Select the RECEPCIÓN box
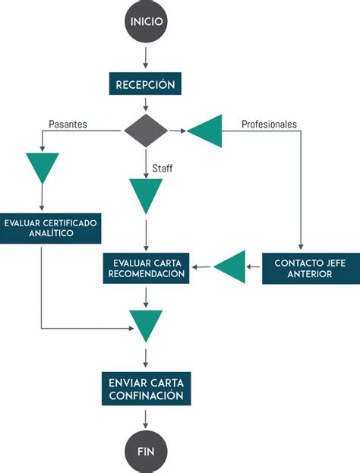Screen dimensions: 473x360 point(146,83)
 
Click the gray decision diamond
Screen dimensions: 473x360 point(146,131)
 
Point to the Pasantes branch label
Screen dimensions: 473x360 point(68,123)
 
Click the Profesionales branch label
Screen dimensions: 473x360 point(269,123)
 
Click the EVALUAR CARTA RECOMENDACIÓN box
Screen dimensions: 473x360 point(146,268)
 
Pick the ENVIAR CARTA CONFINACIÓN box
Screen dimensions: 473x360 point(146,388)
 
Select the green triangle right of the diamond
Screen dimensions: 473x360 point(207,131)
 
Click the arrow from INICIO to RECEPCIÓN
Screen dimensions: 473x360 point(146,58)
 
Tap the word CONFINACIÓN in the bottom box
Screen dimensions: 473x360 point(146,396)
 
